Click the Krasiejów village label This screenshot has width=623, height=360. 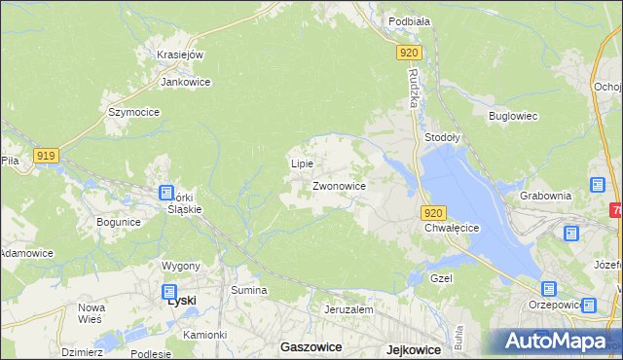click(x=179, y=54)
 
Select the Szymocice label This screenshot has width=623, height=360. click(x=133, y=112)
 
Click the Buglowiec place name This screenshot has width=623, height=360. click(x=513, y=116)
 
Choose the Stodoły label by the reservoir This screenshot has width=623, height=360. click(x=443, y=138)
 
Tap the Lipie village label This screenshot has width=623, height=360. click(x=302, y=163)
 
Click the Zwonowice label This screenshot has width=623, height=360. click(x=339, y=185)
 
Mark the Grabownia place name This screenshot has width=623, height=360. click(x=545, y=195)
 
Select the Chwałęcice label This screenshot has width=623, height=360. click(x=453, y=228)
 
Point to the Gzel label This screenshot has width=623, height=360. click(x=442, y=278)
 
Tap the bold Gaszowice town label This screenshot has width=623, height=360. click(x=309, y=346)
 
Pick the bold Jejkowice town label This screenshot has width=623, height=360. click(x=406, y=347)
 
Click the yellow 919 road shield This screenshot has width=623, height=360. click(x=46, y=155)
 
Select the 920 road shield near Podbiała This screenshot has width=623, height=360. click(x=410, y=54)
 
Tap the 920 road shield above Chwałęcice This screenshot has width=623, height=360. click(x=434, y=213)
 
